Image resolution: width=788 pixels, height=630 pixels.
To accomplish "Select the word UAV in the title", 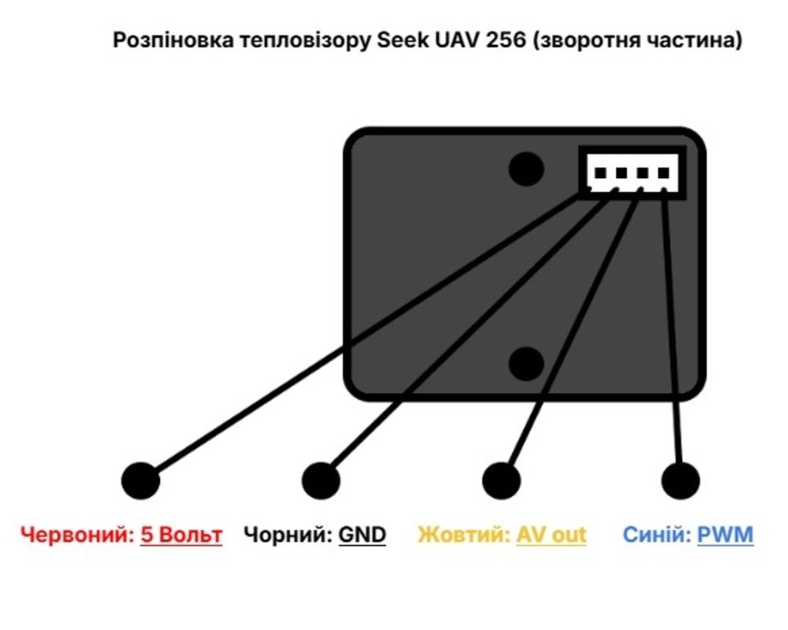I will pos(453,41).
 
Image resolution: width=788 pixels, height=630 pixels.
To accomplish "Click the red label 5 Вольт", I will pos(181,535).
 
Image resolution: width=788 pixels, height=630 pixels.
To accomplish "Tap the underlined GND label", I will pos(362,535).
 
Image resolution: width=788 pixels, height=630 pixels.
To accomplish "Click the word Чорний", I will pos(288,535).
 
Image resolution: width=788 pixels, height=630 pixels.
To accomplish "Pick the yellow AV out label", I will pos(552,535).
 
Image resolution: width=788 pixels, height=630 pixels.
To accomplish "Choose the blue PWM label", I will pos(726,535).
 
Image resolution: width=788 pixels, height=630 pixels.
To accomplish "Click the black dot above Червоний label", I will pos(140,480).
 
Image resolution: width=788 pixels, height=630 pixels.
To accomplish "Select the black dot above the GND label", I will pos(321,480).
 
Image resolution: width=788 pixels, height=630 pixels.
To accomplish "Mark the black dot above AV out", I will pos(501,480).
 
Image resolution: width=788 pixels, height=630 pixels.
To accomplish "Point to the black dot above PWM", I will pos(680,480).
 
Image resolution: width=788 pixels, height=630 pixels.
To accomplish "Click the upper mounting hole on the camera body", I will pos(526,168).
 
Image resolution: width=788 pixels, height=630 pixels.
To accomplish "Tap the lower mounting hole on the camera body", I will pos(526,364).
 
